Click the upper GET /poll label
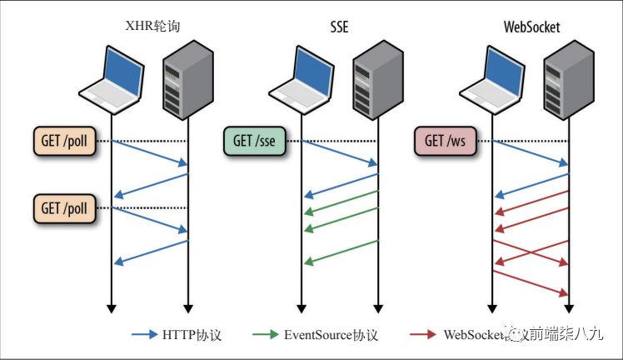63,140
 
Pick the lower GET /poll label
63,207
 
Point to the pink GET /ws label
446,140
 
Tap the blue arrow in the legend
145,335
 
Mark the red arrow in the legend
424,335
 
